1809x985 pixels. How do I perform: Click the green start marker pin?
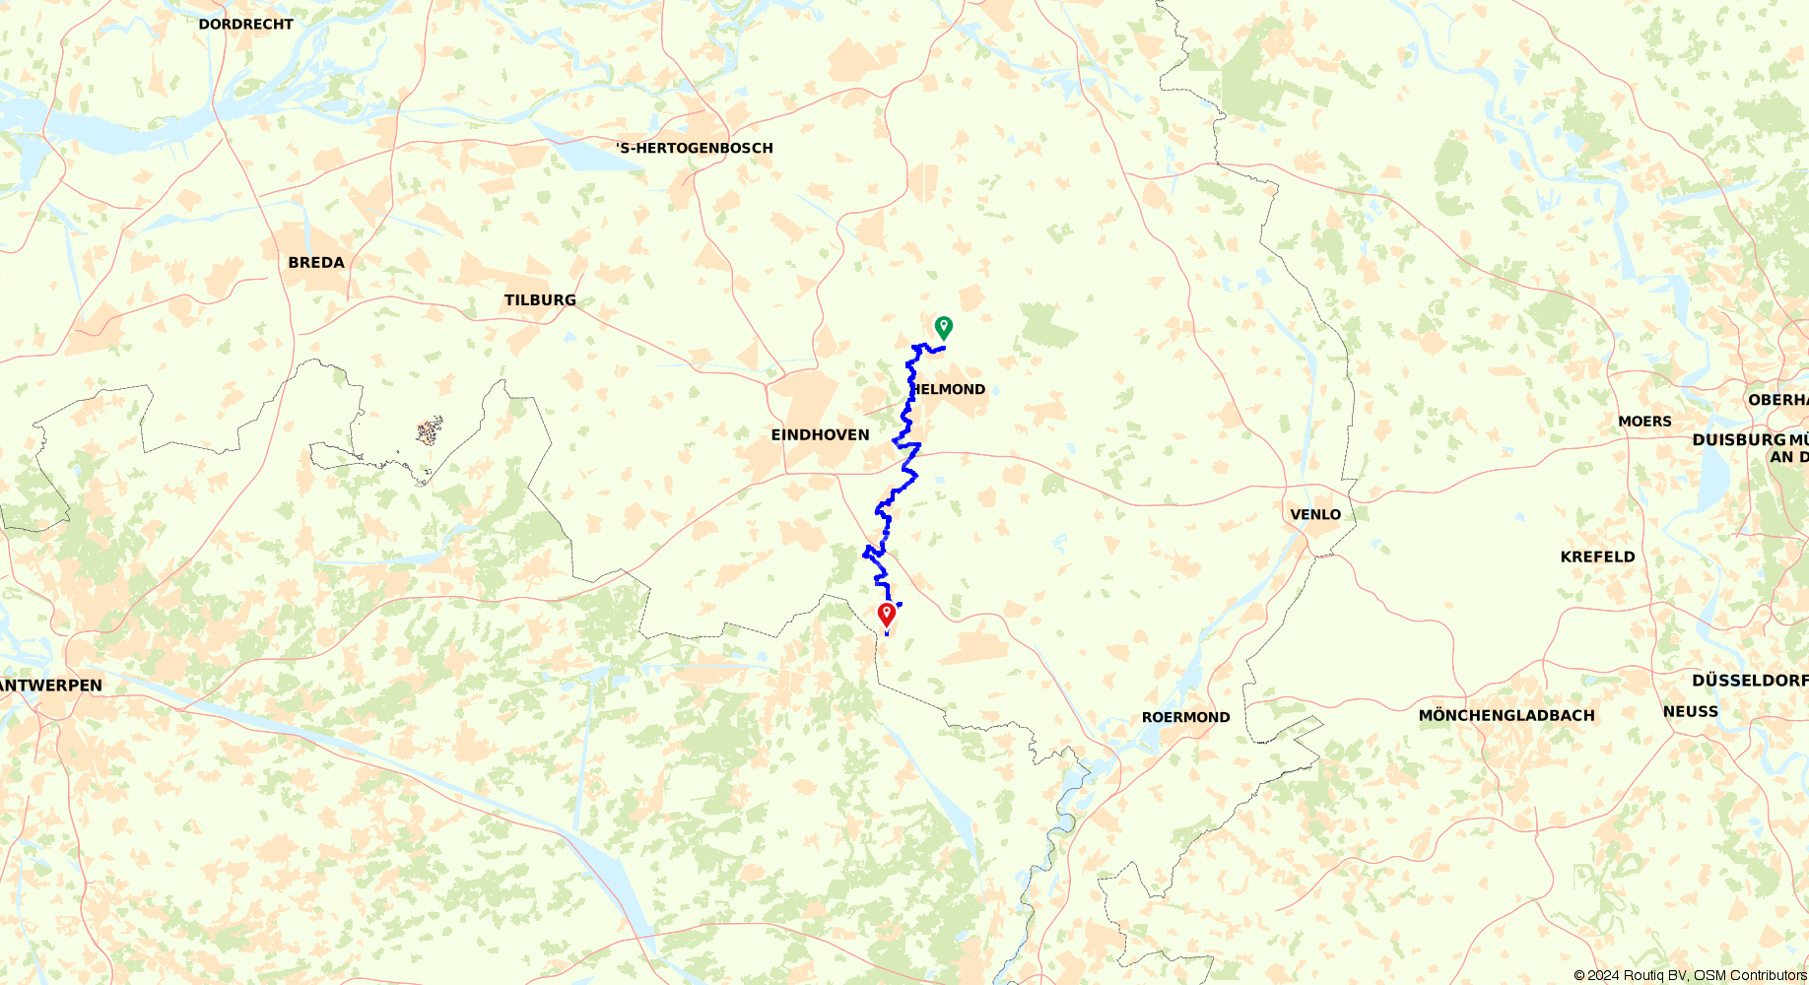coord(943,326)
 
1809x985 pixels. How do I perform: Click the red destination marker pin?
coord(887,615)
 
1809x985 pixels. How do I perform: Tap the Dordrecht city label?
coord(245,25)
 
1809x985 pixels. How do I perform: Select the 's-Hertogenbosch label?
coord(695,149)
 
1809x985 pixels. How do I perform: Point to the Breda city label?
coord(316,263)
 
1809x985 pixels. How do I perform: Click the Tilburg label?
coord(540,300)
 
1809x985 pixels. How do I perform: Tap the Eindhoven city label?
coord(820,435)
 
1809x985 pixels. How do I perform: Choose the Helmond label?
coord(948,390)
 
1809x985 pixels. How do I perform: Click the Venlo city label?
coord(1315,515)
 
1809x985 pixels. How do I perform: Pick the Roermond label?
coord(1185,718)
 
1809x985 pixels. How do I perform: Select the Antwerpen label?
coord(51,686)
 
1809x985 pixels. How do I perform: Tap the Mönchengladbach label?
coord(1507,716)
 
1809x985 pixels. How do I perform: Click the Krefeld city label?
coord(1597,558)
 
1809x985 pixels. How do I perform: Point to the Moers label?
coord(1644,422)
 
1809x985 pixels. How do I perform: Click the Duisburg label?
coord(1739,440)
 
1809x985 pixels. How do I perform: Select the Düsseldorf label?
coord(1749,681)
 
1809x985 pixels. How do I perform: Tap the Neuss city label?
coord(1690,712)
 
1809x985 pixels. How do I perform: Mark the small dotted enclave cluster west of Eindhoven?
coord(429,431)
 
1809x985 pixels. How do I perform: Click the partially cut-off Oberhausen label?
coord(1777,400)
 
